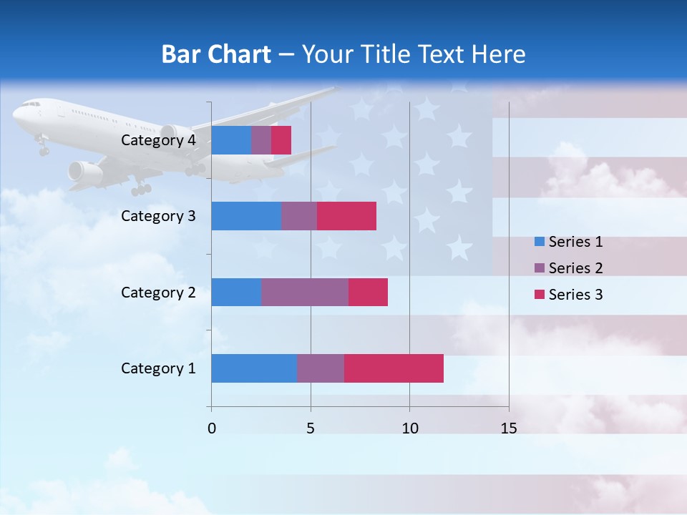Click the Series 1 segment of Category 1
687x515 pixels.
point(254,368)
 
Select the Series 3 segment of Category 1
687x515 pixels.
point(394,368)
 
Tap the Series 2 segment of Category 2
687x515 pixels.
point(305,292)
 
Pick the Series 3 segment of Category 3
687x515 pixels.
point(346,216)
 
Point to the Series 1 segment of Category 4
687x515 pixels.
point(231,140)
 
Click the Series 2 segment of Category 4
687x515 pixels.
point(261,140)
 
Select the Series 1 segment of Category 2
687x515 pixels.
point(236,292)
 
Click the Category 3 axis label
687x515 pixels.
point(158,216)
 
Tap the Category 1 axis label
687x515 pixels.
point(158,368)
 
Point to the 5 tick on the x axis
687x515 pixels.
point(311,428)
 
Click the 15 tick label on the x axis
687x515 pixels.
point(508,428)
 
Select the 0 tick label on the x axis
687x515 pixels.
point(211,428)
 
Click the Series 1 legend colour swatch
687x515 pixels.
point(540,242)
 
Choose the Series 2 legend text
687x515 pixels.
point(575,268)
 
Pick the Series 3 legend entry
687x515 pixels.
point(569,295)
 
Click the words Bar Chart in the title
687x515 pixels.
point(216,54)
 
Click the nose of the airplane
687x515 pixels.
point(16,112)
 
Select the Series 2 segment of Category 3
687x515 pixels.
point(299,216)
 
